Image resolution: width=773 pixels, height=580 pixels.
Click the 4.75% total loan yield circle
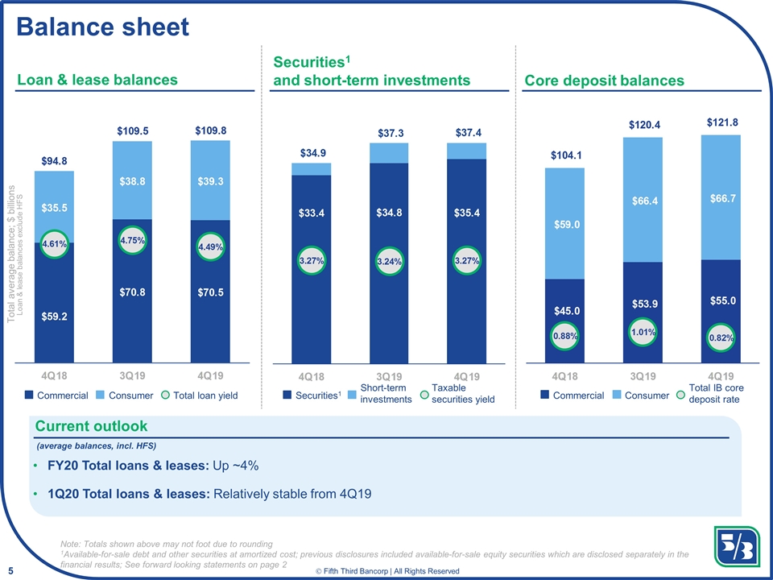tap(132, 241)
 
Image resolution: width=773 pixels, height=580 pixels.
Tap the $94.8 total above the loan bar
tap(54, 161)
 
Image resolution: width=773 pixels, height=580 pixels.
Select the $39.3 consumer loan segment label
tap(210, 181)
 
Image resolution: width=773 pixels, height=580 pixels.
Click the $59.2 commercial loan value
tap(54, 317)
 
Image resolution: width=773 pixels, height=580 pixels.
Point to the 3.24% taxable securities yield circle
tap(390, 261)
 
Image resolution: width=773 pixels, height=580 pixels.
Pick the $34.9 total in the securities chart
tap(313, 153)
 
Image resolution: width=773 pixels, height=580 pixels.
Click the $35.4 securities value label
tap(467, 213)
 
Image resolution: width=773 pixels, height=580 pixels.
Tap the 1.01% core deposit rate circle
tap(643, 332)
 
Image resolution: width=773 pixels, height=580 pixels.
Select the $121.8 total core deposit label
tap(723, 122)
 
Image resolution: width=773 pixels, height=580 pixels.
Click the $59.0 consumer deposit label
tap(567, 225)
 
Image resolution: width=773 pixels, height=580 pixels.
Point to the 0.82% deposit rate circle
tap(721, 338)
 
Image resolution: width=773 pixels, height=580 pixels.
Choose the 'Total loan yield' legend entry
tap(200, 395)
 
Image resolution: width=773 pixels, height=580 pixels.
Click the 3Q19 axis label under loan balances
tap(132, 376)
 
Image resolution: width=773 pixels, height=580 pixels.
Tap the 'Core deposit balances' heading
tap(604, 81)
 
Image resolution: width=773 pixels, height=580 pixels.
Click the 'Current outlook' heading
tap(91, 426)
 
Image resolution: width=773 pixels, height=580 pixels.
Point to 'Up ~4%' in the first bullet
tap(236, 466)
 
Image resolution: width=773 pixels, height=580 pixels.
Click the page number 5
tap(10, 571)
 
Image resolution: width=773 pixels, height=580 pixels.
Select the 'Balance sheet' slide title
tap(103, 27)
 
